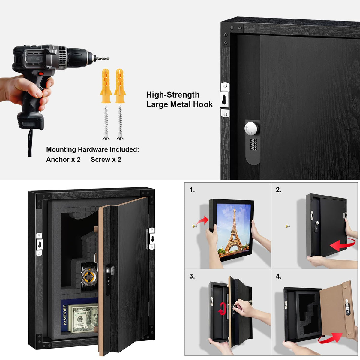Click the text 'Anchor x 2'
click(63, 160)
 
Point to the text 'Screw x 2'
click(106, 160)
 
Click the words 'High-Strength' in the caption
click(173, 95)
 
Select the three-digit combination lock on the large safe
click(253, 144)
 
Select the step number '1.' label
click(192, 190)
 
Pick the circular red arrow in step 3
click(222, 308)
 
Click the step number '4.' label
click(279, 276)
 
